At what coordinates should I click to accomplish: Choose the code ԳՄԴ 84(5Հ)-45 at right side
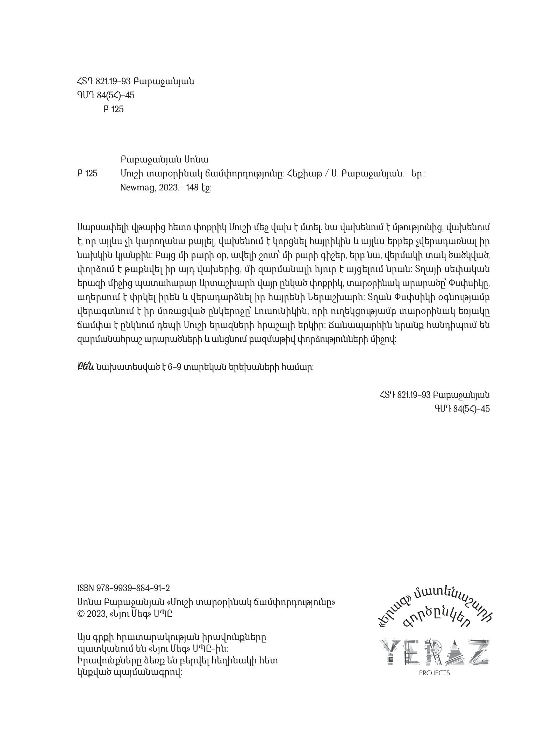click(x=462, y=408)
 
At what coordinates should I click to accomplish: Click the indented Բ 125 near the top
click(x=113, y=109)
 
